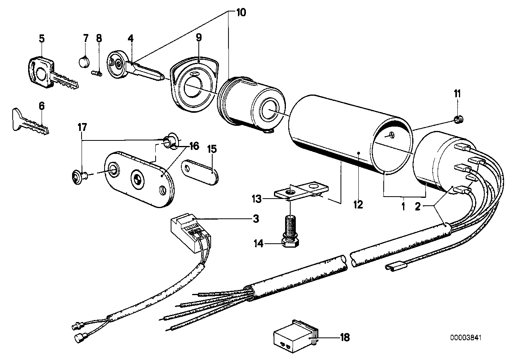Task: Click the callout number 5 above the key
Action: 42,39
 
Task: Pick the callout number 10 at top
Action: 241,13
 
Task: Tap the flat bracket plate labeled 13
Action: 297,191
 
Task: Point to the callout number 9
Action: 199,38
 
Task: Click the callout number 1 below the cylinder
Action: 403,206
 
